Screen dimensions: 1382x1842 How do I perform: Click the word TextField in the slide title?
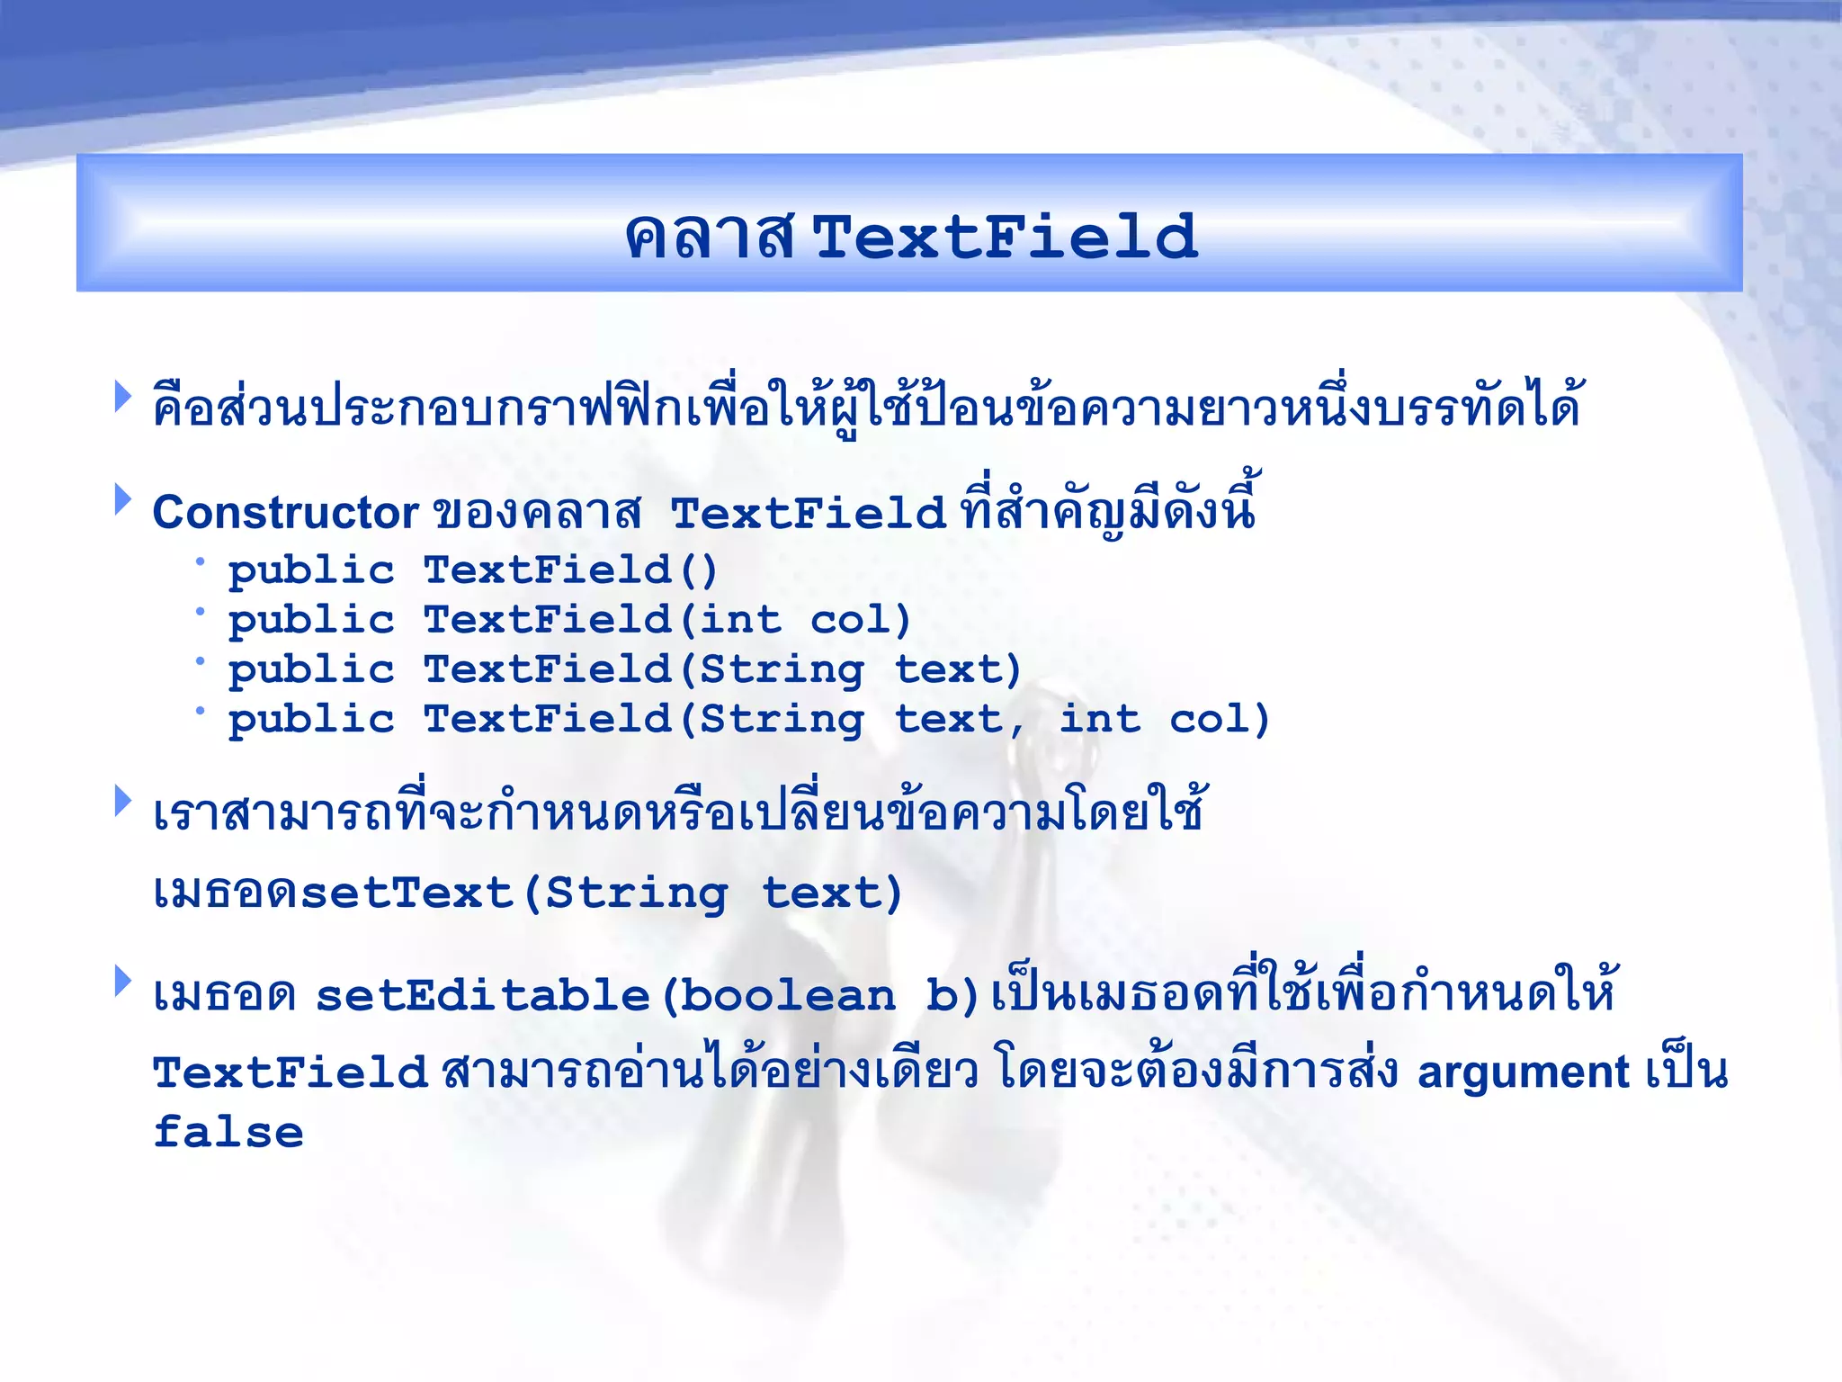click(x=1006, y=238)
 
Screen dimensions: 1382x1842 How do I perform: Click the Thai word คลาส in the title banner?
click(x=711, y=238)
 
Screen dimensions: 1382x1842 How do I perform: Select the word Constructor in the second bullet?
click(x=285, y=513)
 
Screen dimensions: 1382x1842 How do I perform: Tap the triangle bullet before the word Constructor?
click(x=123, y=499)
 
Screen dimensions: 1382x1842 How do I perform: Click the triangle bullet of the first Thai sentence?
click(x=123, y=397)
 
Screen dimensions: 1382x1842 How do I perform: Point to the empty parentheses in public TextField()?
click(x=699, y=570)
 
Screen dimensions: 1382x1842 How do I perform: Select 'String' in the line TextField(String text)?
click(x=782, y=670)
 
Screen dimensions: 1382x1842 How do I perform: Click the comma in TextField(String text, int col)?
click(x=1016, y=724)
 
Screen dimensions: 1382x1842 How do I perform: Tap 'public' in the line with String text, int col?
click(x=311, y=720)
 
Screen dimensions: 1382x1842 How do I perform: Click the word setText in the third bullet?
click(x=407, y=893)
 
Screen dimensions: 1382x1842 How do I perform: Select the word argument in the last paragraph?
click(x=1523, y=1072)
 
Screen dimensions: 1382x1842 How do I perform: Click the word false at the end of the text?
click(x=228, y=1132)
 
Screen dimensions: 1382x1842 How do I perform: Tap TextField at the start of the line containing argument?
click(x=290, y=1072)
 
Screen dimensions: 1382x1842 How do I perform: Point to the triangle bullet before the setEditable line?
click(x=123, y=982)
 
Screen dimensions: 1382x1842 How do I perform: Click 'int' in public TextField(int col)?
click(x=740, y=620)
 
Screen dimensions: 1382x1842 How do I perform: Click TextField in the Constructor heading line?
click(x=807, y=513)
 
